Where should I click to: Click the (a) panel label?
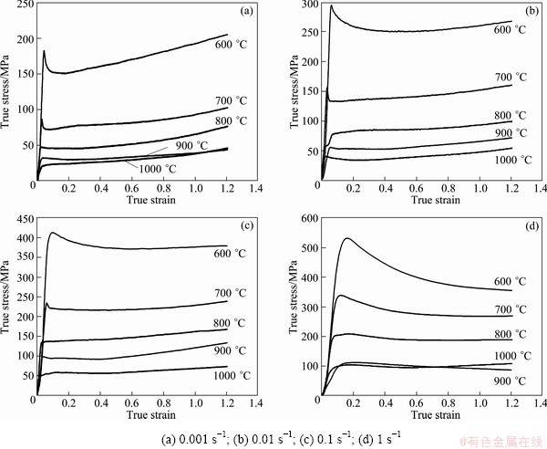(245, 12)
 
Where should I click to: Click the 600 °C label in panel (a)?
(238, 43)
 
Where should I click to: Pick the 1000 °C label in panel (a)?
(157, 168)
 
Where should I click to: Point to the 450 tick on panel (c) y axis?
(24, 220)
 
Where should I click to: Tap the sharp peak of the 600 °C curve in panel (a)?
(44, 51)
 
